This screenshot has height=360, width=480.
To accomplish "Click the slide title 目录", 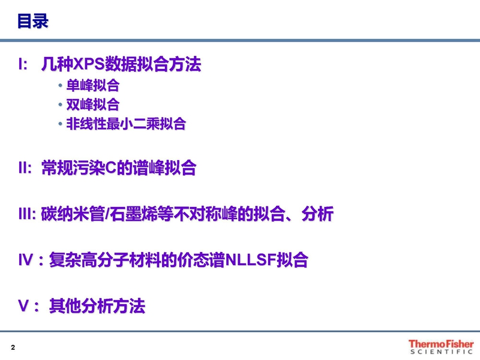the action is coord(33,21).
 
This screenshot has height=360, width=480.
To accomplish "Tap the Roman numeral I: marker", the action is coord(23,64).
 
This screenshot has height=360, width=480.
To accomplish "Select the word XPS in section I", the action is coord(89,64).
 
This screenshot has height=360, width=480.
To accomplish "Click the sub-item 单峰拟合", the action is coord(93,85).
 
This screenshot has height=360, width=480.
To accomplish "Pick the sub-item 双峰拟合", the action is coord(93,104).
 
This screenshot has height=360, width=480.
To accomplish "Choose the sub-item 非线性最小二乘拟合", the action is coord(126,124).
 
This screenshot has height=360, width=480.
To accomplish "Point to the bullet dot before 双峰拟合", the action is coord(61,104).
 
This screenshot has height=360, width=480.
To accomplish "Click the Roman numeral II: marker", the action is coord(25,168).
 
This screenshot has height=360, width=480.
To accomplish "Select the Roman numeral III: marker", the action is coord(27,214).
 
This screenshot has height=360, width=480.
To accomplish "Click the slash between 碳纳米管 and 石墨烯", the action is coord(107,214).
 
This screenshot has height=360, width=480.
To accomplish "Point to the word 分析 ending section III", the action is coord(317,214).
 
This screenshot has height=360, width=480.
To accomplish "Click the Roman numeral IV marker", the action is coord(26,260).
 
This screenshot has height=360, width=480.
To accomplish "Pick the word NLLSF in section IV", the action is coord(251,260).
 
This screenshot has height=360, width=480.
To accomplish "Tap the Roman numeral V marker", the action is coord(23,305).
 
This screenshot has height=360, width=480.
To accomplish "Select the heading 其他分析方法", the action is coord(97,305).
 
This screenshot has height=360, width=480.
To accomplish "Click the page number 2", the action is coord(13,347).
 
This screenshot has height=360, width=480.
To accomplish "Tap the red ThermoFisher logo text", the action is coord(441,344).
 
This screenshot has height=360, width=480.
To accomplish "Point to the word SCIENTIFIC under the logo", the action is coord(441,352).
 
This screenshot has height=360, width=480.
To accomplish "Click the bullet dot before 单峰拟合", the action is coord(61,85).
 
